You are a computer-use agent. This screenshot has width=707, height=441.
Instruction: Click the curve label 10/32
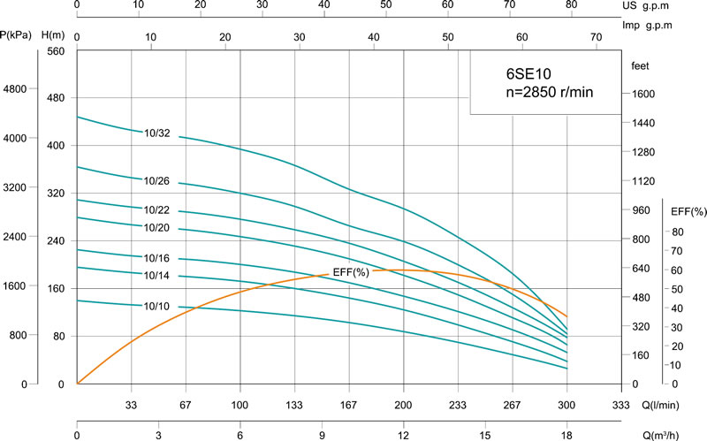(x=156, y=133)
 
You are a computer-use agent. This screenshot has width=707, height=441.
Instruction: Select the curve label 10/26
(x=156, y=181)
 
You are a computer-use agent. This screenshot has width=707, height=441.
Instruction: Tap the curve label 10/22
(x=156, y=210)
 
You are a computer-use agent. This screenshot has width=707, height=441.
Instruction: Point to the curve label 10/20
(x=156, y=229)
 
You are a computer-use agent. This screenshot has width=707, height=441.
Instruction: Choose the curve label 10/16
(x=156, y=258)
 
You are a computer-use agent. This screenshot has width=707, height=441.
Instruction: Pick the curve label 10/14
(x=156, y=277)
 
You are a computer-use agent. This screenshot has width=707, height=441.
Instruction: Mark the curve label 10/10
(x=156, y=306)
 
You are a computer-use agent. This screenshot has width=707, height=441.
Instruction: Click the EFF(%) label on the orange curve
(x=351, y=271)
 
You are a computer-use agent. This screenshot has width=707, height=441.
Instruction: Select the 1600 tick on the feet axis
(x=642, y=95)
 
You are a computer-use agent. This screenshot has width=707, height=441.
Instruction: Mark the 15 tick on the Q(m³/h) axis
(x=485, y=434)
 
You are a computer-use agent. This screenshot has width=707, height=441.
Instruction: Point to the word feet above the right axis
(x=641, y=66)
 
